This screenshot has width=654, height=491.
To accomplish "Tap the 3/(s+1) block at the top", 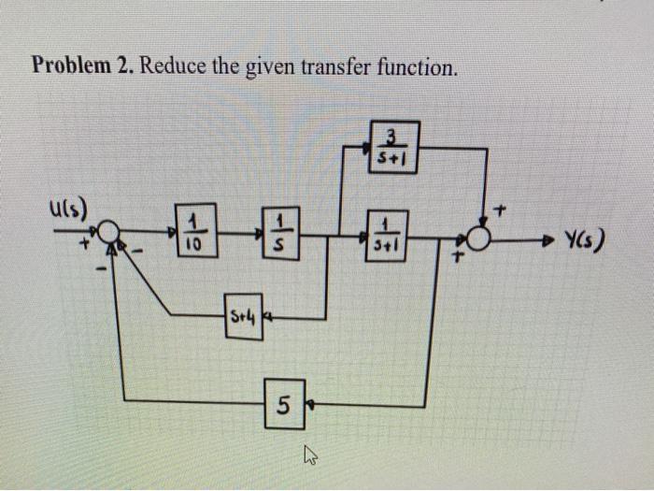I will [393, 147].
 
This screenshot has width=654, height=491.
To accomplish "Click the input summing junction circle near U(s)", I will [108, 232].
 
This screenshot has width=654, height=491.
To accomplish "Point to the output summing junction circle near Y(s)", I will [479, 239].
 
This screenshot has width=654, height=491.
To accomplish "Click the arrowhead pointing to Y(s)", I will [551, 240].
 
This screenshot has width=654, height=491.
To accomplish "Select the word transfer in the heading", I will [345, 67].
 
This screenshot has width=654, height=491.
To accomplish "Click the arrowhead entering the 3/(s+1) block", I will [366, 147].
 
